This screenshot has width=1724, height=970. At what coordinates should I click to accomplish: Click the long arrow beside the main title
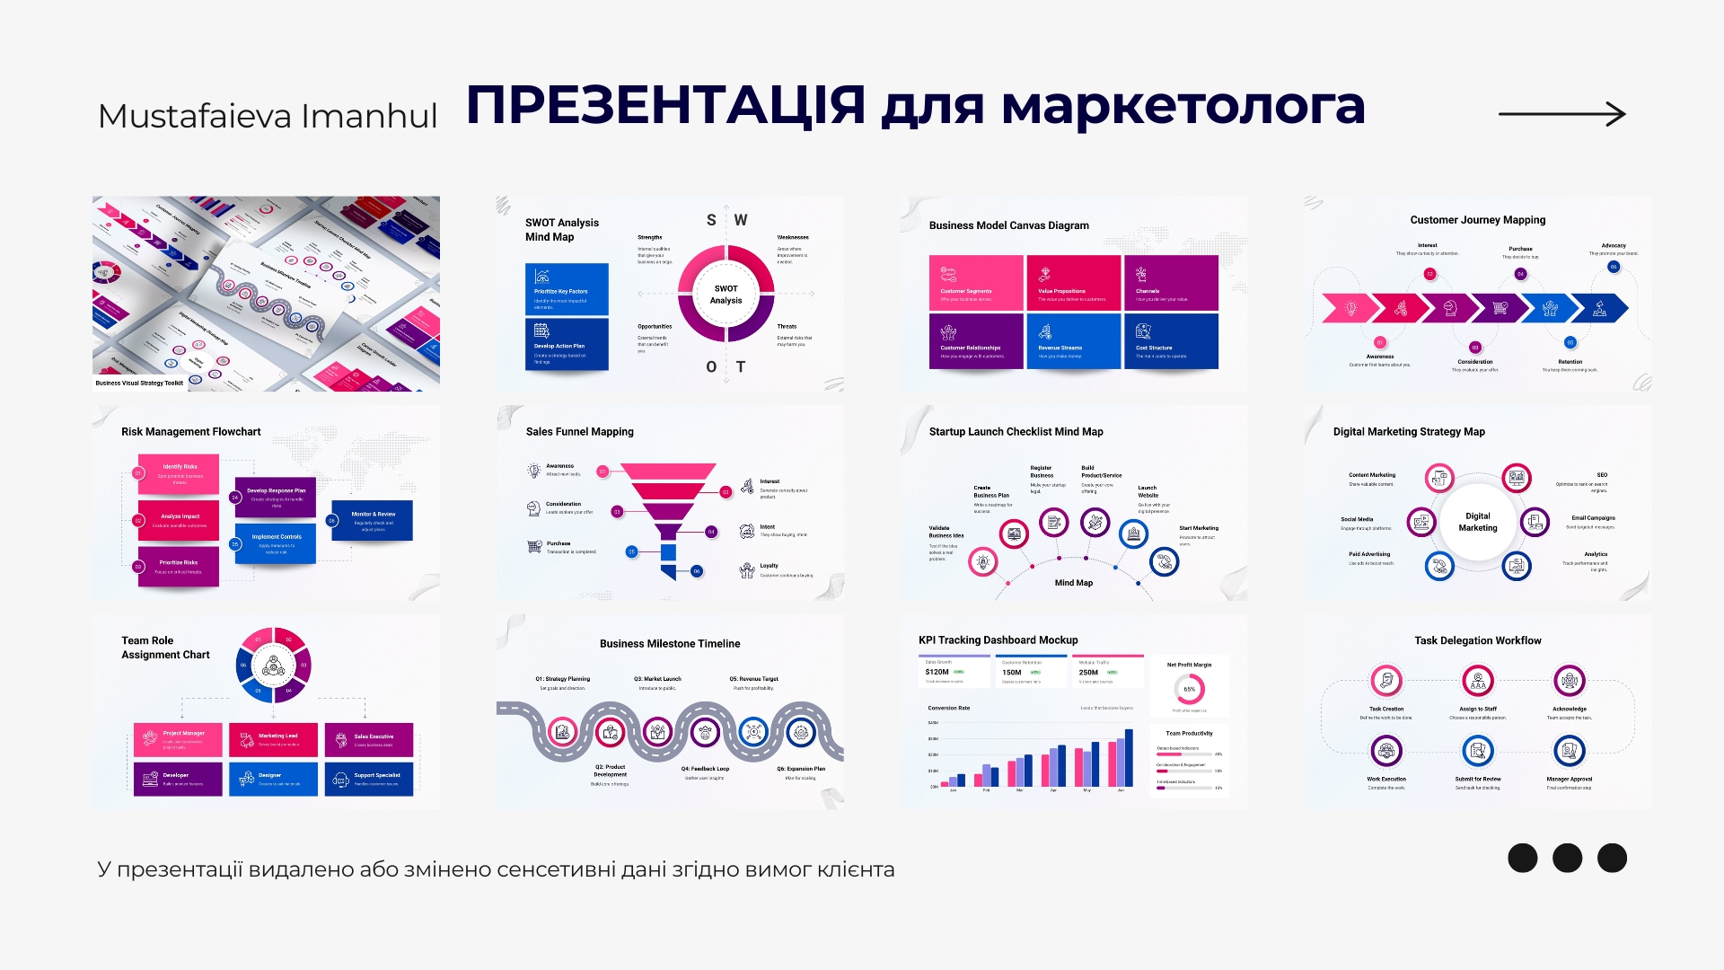1562,114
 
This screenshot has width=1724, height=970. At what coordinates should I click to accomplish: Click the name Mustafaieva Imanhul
268,116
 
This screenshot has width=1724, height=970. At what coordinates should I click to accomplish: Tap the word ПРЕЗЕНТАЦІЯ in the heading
665,105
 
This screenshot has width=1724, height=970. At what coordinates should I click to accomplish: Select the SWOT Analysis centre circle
726,295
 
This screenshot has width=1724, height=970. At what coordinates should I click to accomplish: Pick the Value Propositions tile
1073,282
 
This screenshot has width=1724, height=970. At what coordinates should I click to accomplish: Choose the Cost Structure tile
1171,340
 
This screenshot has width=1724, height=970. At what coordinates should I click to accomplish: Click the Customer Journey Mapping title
1477,220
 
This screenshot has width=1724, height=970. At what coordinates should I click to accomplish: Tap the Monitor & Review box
372,521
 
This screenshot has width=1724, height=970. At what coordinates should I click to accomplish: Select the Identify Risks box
178,473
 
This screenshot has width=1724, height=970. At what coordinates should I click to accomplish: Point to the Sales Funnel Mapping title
579,432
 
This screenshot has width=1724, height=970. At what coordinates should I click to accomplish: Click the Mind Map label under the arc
1073,583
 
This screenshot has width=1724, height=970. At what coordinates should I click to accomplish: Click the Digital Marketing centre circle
1477,522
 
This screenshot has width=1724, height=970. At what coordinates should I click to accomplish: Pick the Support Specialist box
369,778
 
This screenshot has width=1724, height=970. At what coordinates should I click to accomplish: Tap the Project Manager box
178,738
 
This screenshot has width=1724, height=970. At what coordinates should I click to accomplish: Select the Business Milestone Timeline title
670,644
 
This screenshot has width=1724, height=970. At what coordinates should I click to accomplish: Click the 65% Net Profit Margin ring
1189,689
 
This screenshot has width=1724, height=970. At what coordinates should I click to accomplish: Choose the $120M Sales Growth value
937,672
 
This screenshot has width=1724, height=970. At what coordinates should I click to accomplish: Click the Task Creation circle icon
1386,681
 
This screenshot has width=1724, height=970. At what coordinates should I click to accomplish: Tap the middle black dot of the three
1567,858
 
